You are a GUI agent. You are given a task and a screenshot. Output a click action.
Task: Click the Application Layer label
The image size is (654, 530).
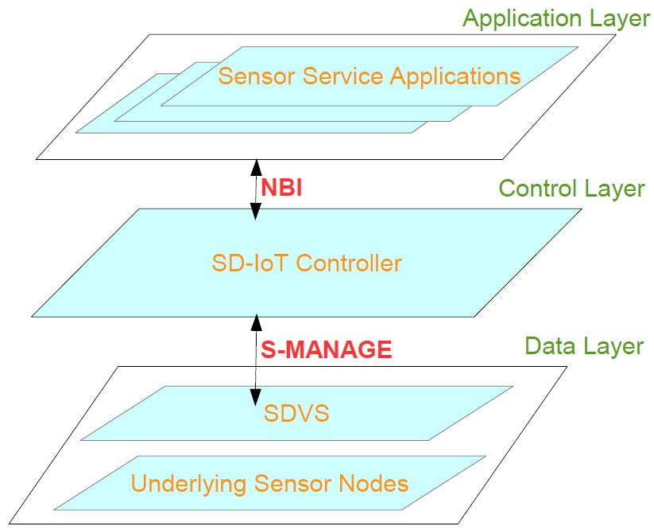[x=556, y=18]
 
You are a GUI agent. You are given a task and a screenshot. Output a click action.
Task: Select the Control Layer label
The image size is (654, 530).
[x=571, y=189]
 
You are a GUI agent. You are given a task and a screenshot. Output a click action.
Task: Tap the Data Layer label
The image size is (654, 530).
[x=583, y=346]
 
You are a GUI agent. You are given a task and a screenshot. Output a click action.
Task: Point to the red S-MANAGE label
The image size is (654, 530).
[x=326, y=349]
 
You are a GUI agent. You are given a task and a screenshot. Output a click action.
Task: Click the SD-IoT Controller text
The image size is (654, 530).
[x=307, y=263]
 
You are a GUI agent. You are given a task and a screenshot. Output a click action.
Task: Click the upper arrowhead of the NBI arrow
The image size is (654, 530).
[x=256, y=166]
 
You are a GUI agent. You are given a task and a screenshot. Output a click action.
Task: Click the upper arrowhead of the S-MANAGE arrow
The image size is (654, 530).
[x=256, y=321]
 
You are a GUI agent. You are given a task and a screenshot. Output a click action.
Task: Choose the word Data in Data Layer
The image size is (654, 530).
[x=551, y=346]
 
